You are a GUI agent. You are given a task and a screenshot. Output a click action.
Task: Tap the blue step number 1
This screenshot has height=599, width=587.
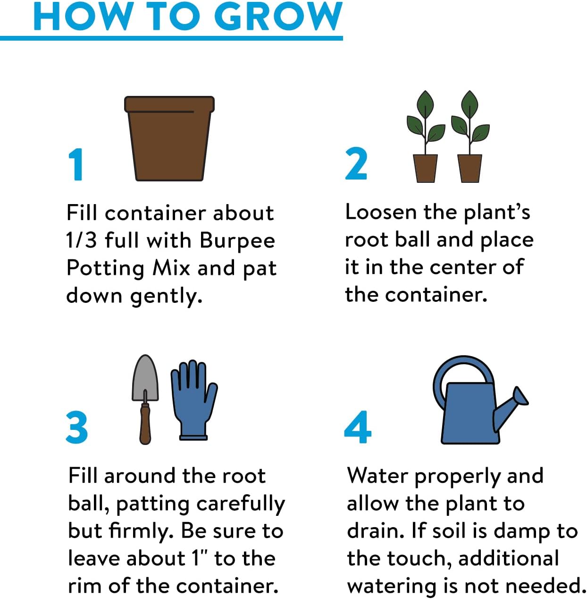click(x=75, y=164)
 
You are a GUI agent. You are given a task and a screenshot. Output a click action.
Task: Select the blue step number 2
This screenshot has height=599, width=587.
click(x=356, y=163)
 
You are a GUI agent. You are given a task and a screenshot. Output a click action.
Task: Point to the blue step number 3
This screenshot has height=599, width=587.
click(x=77, y=427)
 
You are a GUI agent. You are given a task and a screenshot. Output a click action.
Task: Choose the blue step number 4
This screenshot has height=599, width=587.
click(x=358, y=427)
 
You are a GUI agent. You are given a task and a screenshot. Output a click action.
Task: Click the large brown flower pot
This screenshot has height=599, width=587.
click(x=169, y=138)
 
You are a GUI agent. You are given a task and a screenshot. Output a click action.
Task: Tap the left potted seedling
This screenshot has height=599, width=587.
click(x=426, y=137)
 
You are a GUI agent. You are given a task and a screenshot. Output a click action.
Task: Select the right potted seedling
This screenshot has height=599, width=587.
click(x=470, y=137)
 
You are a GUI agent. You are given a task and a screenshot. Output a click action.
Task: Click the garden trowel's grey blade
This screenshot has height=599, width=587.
click(x=145, y=379)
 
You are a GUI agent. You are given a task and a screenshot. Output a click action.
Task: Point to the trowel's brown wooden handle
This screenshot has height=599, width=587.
click(x=145, y=423)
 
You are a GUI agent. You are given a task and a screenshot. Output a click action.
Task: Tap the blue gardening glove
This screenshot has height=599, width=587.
click(x=194, y=400)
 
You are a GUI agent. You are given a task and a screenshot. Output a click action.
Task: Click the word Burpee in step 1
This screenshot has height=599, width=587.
click(x=238, y=241)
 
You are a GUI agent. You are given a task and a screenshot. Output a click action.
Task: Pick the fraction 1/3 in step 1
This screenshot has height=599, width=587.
click(x=81, y=240)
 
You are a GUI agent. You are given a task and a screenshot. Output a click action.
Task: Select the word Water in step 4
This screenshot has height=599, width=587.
click(x=377, y=476)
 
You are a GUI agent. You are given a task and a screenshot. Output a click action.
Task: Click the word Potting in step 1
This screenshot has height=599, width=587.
click(x=106, y=268)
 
